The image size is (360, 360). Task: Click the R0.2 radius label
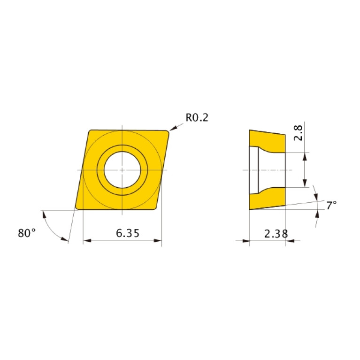click(x=196, y=117)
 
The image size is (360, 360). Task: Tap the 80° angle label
click(x=27, y=232)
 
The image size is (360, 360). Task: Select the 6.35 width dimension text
click(x=122, y=233)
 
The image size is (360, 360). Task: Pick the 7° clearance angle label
click(x=331, y=205)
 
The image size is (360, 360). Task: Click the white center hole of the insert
click(x=122, y=169)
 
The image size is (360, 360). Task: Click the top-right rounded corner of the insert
click(x=167, y=132)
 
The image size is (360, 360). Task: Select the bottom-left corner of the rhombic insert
click(x=77, y=208)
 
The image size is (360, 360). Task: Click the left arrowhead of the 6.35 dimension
click(x=86, y=241)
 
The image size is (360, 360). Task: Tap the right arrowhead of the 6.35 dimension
click(x=158, y=241)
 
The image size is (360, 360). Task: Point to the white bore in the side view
click(x=271, y=169)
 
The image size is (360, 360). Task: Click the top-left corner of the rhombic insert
click(x=90, y=131)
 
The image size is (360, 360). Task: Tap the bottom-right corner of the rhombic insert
click(x=155, y=208)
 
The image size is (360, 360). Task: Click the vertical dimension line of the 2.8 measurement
click(x=306, y=169)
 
